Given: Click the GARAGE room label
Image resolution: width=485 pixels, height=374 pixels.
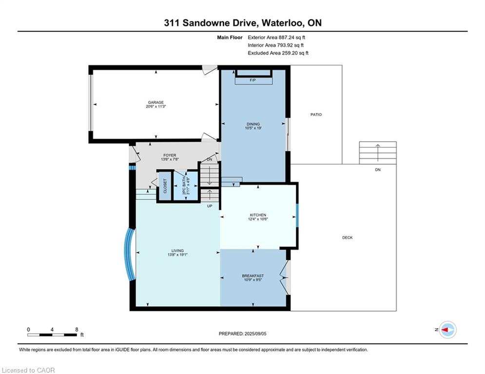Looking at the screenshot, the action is click(x=155, y=102).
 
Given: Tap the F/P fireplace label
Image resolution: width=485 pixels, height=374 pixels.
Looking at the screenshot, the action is click(x=252, y=80).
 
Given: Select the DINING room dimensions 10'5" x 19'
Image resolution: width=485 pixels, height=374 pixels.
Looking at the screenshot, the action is click(x=253, y=128).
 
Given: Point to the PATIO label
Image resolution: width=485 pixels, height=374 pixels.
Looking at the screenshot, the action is click(x=316, y=114).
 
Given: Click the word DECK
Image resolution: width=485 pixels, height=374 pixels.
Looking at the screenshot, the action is click(x=348, y=237).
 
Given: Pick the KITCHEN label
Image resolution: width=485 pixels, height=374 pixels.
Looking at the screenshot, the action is click(x=258, y=215).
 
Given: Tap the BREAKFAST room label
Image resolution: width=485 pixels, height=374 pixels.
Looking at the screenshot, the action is click(x=252, y=276).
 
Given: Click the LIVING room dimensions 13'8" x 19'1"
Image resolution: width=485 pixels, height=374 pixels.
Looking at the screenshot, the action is click(x=177, y=255).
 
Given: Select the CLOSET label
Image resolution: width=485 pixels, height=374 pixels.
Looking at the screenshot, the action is click(x=165, y=186).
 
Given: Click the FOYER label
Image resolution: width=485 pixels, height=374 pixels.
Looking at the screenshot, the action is click(x=170, y=155).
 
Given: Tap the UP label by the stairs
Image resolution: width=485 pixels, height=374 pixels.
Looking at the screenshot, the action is click(x=210, y=206).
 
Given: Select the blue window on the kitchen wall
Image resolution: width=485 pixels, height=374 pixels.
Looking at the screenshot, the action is click(x=297, y=215).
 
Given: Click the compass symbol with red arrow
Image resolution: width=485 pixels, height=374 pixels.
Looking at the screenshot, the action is click(x=448, y=330).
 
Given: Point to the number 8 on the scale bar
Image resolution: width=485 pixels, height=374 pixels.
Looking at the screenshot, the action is click(x=77, y=330).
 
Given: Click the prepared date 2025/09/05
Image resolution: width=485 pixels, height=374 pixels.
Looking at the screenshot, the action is click(x=255, y=334).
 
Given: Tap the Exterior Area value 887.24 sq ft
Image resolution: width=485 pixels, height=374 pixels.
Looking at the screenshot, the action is click(x=291, y=37).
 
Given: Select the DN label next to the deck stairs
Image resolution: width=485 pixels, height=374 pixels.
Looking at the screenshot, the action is click(x=378, y=169).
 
